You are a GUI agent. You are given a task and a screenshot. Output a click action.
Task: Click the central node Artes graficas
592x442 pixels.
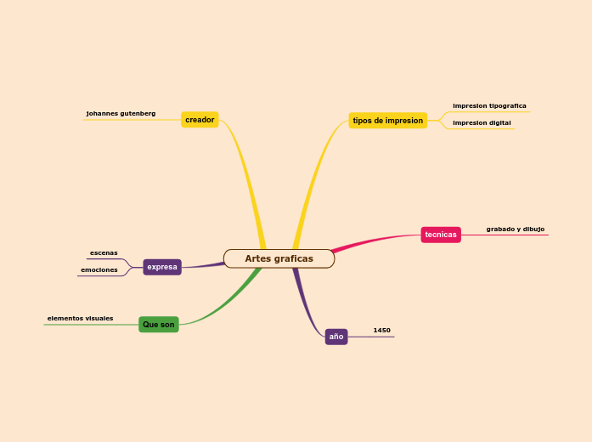(279, 258)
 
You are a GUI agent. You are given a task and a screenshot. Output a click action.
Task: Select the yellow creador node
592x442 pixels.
(200, 120)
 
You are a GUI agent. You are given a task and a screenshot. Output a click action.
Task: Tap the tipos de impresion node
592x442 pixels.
(387, 121)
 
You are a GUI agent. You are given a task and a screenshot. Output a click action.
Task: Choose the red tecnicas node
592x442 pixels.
(441, 235)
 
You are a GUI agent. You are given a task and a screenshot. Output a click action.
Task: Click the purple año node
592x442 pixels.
(336, 337)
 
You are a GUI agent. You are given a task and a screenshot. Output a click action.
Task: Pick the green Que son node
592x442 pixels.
(159, 325)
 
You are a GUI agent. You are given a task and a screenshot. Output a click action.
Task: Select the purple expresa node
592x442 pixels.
(162, 267)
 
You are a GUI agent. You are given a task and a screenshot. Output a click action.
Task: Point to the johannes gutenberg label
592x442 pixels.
(121, 113)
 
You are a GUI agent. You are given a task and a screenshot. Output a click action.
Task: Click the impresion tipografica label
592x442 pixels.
(489, 106)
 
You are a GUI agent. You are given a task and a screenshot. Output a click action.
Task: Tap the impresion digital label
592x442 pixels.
(482, 123)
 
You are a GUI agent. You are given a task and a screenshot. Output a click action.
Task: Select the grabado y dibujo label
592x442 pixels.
(516, 229)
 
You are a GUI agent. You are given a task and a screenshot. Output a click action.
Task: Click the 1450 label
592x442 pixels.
(382, 330)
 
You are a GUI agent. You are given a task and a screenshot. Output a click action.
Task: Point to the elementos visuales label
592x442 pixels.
(80, 319)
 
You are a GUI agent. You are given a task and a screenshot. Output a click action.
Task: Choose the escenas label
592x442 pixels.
(104, 252)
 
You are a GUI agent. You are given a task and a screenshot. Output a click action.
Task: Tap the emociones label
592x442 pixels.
(99, 270)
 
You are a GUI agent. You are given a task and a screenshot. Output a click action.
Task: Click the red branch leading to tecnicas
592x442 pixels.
(374, 240)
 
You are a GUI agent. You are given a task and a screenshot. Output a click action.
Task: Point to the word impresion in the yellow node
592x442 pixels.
(404, 121)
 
